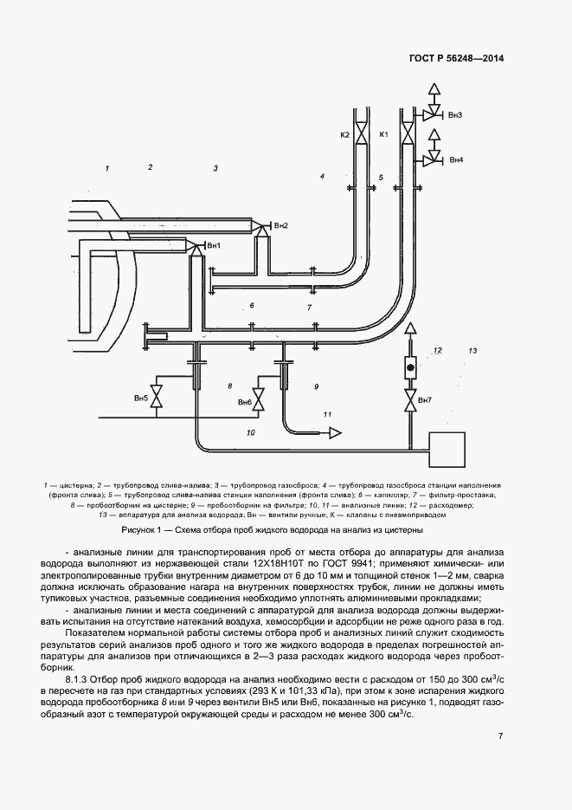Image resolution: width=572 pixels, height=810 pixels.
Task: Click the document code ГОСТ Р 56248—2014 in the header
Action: coord(456,58)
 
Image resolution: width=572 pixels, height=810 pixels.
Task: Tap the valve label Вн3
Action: coord(455,115)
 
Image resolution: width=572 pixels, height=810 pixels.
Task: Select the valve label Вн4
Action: coord(455,160)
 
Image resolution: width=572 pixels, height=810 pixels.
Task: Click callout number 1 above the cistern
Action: coord(107,167)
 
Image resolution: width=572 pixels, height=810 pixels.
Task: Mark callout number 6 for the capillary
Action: coord(251,306)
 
